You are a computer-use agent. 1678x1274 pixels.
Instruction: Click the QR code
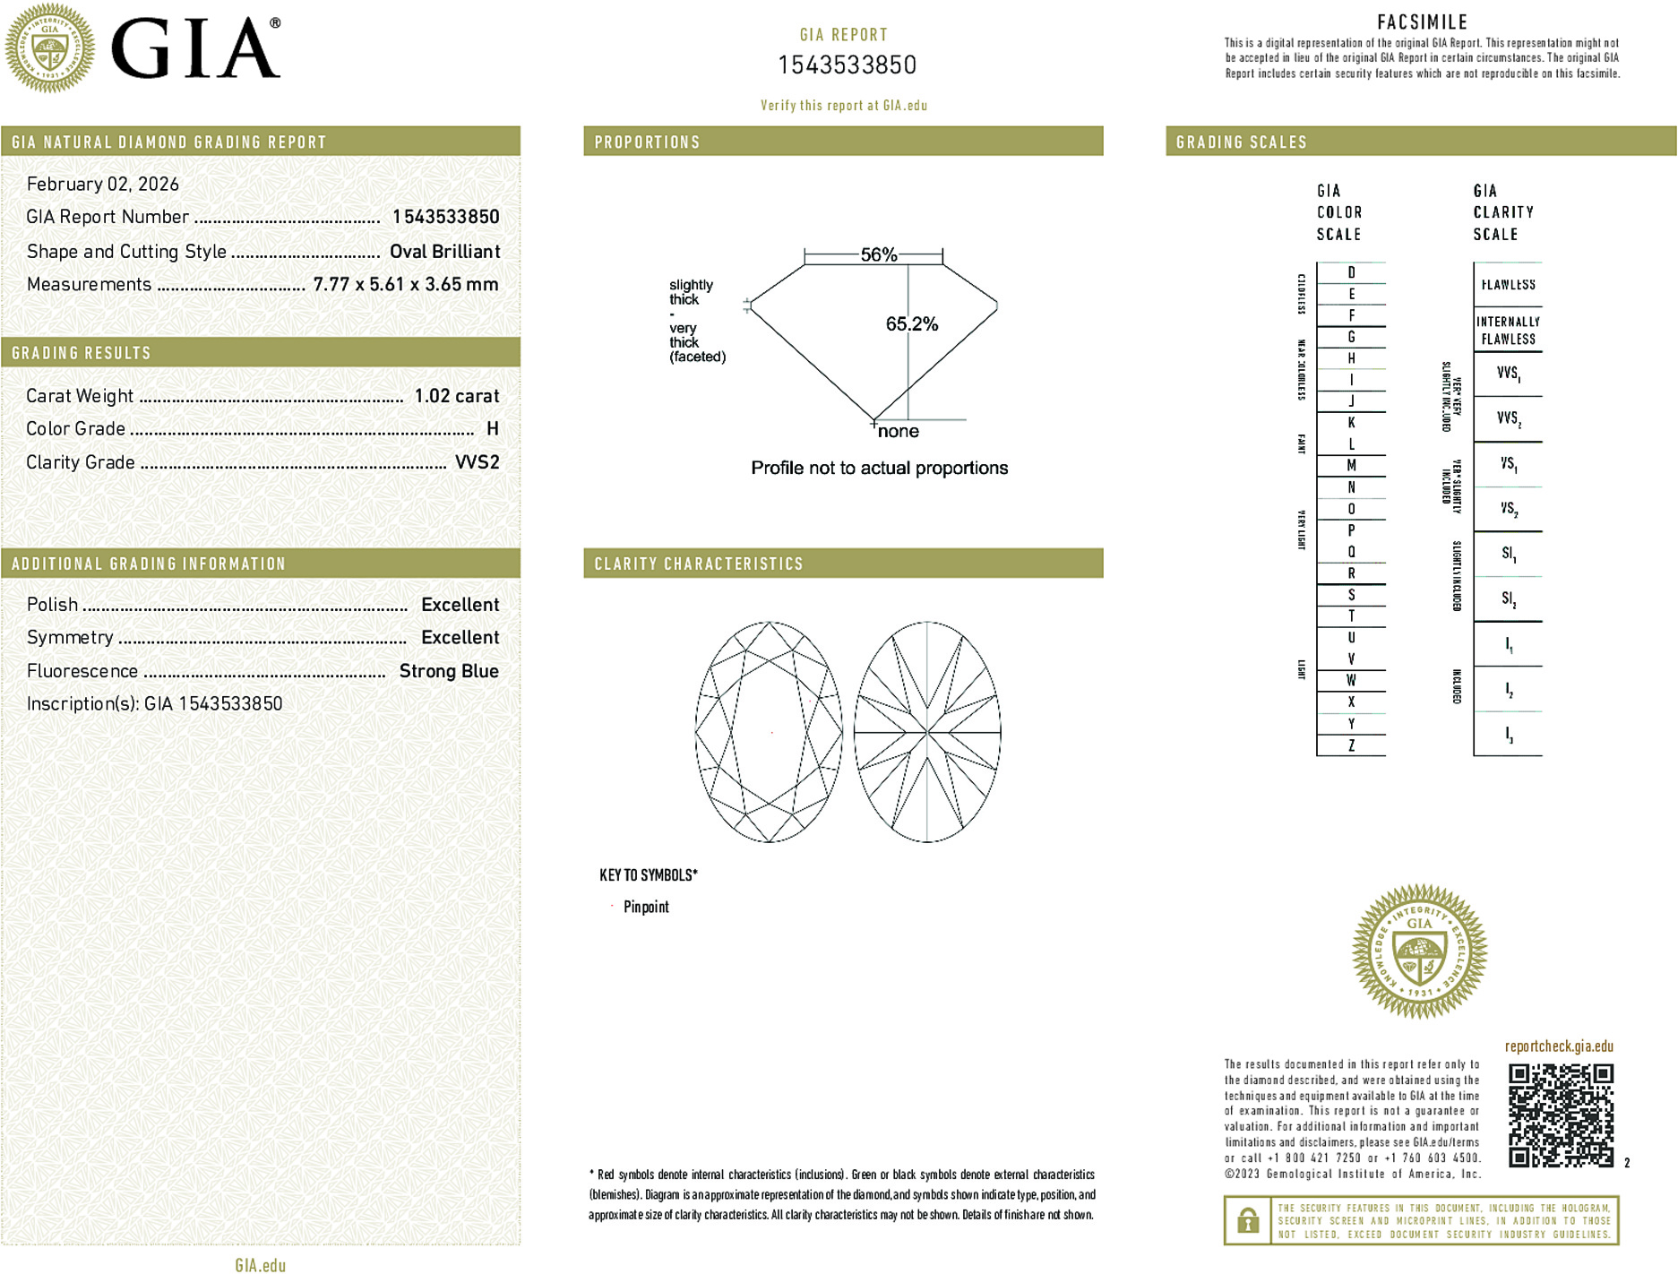(x=1560, y=1115)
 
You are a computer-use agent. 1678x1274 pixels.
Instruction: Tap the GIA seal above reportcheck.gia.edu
(x=1419, y=951)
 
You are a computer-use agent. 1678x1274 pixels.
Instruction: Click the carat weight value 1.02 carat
(x=456, y=396)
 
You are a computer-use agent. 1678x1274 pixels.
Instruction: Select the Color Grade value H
(x=492, y=429)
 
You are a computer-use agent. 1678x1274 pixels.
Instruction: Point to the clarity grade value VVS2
(x=477, y=462)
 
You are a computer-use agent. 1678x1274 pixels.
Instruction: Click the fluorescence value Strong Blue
(x=448, y=671)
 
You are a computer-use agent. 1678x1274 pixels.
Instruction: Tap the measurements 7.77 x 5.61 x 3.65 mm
(x=405, y=285)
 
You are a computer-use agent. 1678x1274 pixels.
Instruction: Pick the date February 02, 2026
(x=103, y=185)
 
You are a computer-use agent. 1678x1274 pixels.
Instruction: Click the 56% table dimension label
(x=878, y=254)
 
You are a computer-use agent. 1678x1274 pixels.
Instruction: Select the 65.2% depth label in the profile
(x=911, y=324)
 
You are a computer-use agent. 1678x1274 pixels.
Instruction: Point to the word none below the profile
(x=898, y=432)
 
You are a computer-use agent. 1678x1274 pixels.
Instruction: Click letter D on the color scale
(x=1351, y=272)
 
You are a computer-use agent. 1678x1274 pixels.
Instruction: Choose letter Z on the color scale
(x=1351, y=745)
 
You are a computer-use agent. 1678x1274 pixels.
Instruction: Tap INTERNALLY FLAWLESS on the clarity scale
(x=1508, y=331)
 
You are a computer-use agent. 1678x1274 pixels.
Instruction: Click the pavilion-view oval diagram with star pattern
(x=926, y=732)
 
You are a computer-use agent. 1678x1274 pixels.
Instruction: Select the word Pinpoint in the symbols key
(x=646, y=907)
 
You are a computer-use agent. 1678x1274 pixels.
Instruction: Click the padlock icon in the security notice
(x=1247, y=1220)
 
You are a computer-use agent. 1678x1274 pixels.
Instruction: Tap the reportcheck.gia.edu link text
(x=1558, y=1046)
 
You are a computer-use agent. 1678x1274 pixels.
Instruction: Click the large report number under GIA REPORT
(x=847, y=65)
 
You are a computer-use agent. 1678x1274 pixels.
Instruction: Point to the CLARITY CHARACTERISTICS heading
(x=699, y=564)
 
